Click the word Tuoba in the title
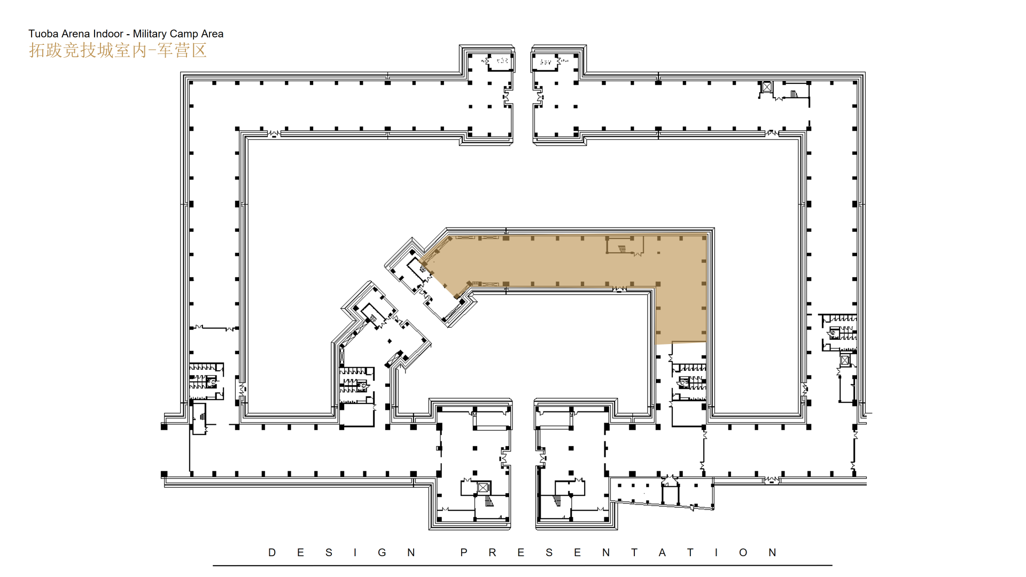[x=43, y=34]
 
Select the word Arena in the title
[x=76, y=34]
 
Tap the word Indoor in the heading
[x=108, y=34]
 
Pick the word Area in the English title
[x=212, y=34]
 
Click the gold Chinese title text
[x=118, y=50]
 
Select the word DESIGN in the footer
[x=341, y=552]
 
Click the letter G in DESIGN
[x=382, y=552]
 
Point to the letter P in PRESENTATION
[x=464, y=552]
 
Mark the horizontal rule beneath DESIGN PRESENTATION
[x=523, y=565]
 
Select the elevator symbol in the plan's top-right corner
[x=767, y=87]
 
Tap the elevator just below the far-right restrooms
[x=845, y=360]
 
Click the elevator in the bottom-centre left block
[x=483, y=487]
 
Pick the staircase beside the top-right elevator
[x=794, y=95]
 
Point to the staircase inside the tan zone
[x=622, y=248]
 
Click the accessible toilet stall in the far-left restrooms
[x=212, y=381]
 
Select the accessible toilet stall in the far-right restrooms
[x=833, y=333]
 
